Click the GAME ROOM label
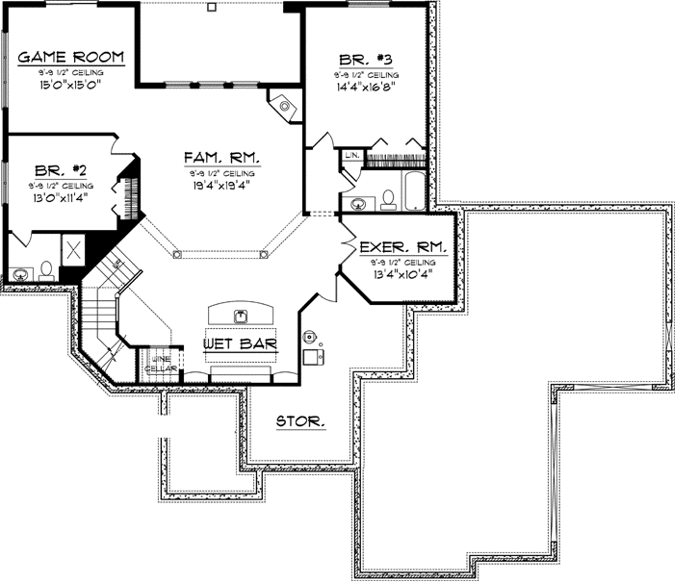[x=69, y=58]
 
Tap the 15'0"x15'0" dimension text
[x=69, y=85]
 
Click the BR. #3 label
[x=366, y=58]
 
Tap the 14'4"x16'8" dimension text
[x=366, y=85]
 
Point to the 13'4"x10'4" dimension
[x=399, y=272]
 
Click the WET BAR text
[x=241, y=342]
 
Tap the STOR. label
[x=300, y=421]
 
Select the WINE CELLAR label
[x=157, y=365]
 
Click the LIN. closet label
[x=351, y=154]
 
